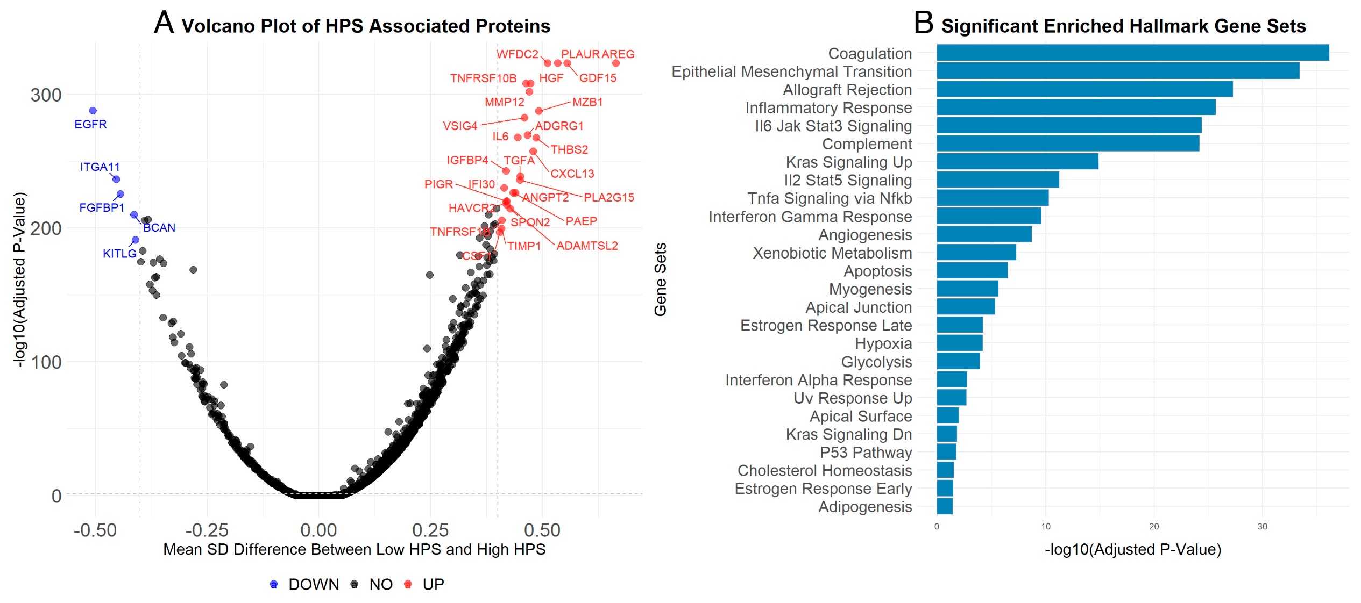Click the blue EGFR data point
(93, 111)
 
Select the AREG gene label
(618, 54)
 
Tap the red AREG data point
(616, 63)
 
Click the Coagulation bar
(1132, 53)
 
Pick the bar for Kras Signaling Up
(1017, 162)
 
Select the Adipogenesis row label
(865, 507)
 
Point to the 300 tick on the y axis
(46, 95)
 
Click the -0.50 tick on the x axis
(95, 530)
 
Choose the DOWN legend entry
(304, 584)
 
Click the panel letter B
(924, 23)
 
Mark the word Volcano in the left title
(218, 26)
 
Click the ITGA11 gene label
(100, 167)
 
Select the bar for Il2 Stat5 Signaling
(998, 180)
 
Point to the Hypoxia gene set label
(883, 343)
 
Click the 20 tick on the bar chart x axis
(1154, 527)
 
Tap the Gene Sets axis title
(660, 279)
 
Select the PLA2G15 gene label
(608, 198)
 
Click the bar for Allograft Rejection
(1084, 89)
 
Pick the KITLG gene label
(119, 254)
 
